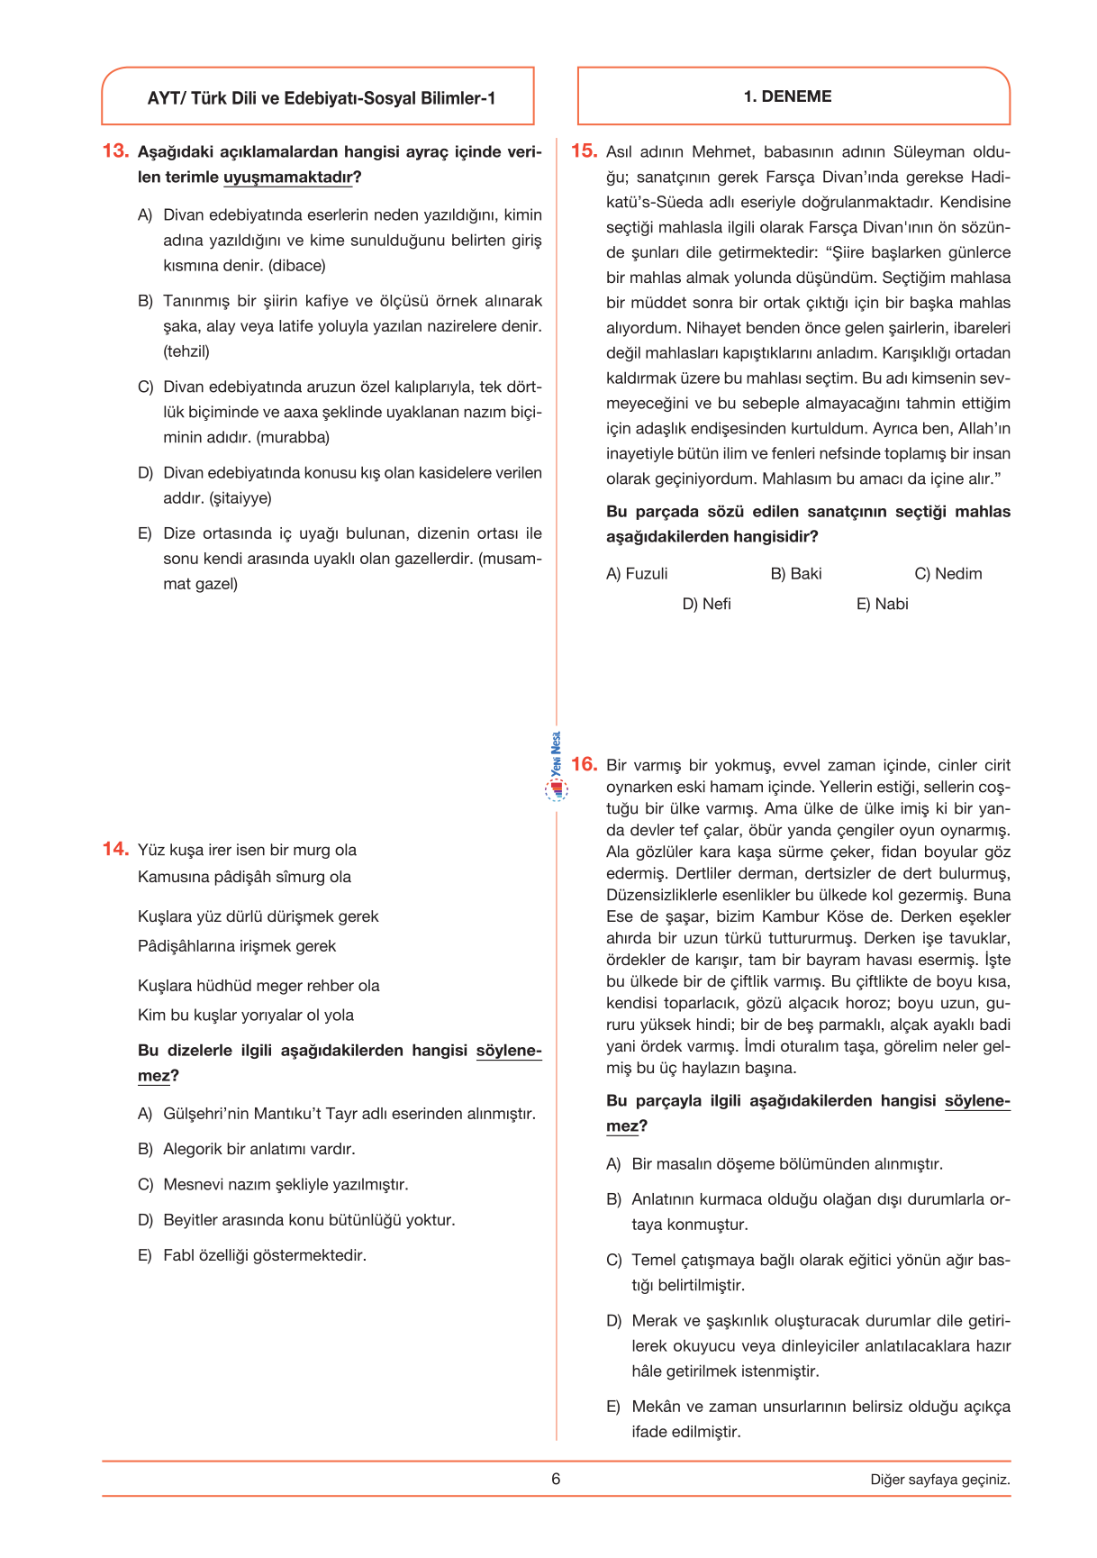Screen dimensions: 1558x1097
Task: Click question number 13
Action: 115,151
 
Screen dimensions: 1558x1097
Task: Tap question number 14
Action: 115,849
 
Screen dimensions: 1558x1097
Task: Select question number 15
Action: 584,151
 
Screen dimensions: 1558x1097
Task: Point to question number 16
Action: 584,764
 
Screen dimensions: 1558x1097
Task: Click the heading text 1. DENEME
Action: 787,96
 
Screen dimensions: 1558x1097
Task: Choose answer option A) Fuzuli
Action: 637,574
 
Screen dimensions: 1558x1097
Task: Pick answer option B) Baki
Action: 796,574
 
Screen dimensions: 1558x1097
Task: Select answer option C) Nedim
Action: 948,574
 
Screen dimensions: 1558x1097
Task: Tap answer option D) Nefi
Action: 706,604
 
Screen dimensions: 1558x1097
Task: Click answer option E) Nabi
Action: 882,604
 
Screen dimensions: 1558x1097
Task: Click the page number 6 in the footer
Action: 556,1479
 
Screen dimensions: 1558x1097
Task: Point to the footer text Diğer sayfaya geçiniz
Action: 939,1480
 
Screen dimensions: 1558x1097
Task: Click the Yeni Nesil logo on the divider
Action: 557,766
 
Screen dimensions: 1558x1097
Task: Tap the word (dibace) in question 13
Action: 297,266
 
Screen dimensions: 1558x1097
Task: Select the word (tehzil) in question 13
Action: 186,351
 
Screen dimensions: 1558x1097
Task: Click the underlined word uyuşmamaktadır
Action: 288,178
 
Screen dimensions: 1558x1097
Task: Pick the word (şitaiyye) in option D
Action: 240,498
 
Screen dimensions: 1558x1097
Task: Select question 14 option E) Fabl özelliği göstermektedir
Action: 252,1255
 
